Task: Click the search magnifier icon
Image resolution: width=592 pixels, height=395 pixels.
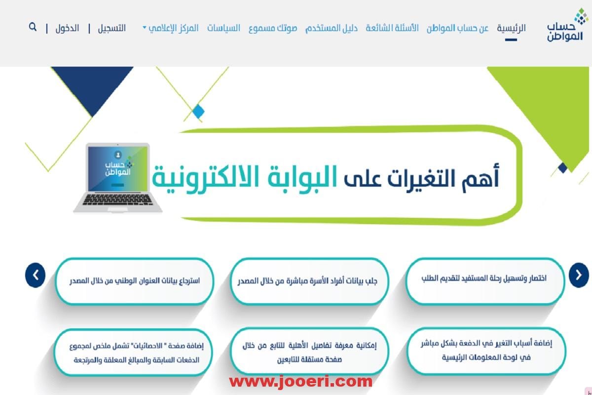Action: coord(33,27)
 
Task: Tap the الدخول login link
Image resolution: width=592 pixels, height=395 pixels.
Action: coord(67,28)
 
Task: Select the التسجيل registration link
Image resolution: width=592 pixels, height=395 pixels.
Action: coord(112,28)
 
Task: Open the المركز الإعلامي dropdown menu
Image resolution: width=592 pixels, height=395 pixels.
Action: coord(171,28)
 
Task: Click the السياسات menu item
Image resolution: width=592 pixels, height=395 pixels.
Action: coord(223,28)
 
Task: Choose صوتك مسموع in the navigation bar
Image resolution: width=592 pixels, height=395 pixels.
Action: coord(273,28)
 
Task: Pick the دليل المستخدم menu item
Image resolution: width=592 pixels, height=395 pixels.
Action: coord(332,28)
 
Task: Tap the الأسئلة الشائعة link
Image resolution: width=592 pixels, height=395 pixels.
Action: coord(392,28)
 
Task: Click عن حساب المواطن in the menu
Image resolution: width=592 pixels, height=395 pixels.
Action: coord(457,28)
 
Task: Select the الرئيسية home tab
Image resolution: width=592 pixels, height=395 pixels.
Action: coord(511,28)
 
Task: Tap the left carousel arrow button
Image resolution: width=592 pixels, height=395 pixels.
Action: coord(36,275)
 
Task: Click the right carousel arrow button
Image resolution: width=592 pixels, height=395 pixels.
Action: coord(579,275)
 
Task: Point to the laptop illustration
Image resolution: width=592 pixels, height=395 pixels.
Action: coord(117,178)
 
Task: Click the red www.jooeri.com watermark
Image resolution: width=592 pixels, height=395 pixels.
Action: coord(301,382)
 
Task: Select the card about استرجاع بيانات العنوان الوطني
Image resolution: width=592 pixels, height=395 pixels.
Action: coord(135,281)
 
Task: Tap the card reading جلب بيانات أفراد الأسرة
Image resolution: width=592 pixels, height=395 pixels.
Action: coord(309,281)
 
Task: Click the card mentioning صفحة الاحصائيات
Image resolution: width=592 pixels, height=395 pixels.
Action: coord(134,352)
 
